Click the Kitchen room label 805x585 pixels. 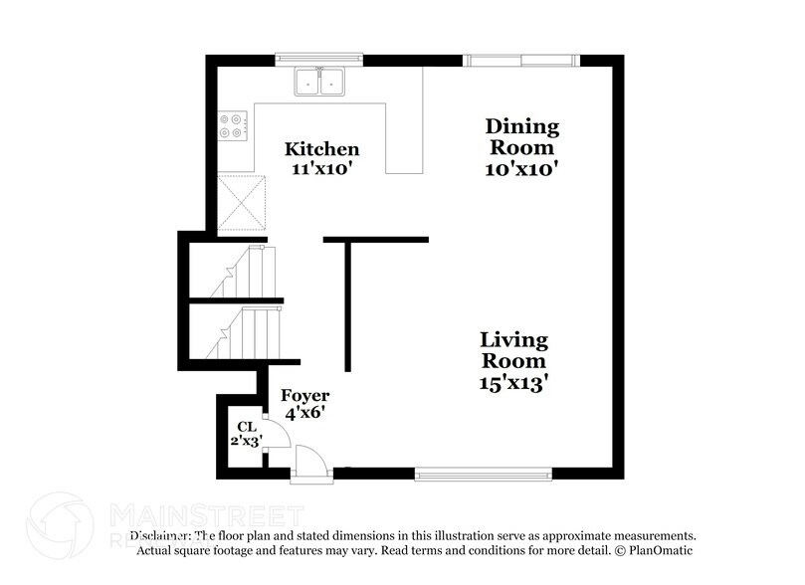(321, 149)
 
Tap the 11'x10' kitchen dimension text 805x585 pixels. (323, 169)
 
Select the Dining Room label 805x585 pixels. (521, 136)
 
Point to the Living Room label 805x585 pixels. (513, 350)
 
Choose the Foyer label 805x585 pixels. (304, 395)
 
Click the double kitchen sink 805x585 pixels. (319, 81)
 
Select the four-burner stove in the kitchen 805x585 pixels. (232, 125)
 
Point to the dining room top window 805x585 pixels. (521, 60)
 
